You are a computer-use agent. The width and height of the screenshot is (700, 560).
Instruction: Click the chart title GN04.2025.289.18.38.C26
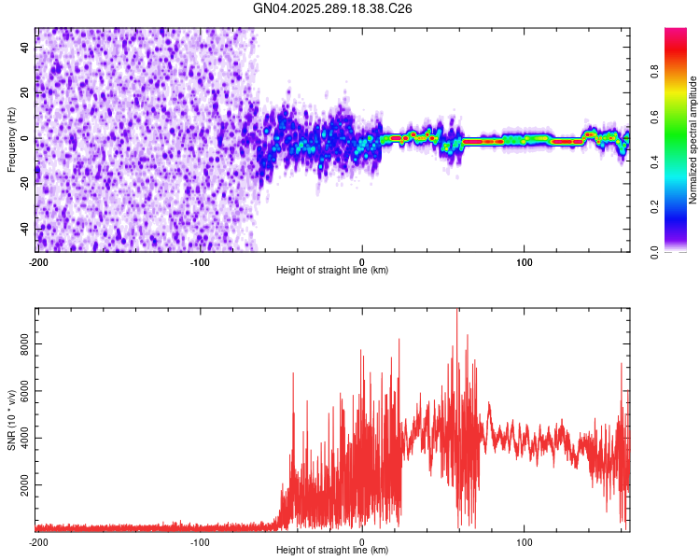click(x=333, y=8)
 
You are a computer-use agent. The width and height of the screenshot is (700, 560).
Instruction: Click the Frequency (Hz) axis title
click(x=11, y=140)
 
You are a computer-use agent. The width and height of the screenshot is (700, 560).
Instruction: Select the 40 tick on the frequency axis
click(x=25, y=49)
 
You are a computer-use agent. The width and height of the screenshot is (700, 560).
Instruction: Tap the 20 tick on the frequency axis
click(x=25, y=93)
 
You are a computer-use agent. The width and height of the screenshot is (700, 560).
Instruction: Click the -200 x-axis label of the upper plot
click(x=37, y=261)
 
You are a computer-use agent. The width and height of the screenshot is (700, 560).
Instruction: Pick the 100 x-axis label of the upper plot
click(x=525, y=261)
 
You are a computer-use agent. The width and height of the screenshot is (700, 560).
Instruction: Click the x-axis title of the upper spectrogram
click(x=332, y=271)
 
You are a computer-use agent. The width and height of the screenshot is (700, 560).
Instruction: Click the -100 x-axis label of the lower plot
click(x=200, y=541)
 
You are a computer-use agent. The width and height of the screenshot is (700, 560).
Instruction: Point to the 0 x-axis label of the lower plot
click(x=362, y=541)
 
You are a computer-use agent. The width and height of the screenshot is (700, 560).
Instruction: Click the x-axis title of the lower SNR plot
click(x=332, y=551)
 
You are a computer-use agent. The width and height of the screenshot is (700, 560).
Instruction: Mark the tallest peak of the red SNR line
click(x=456, y=312)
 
